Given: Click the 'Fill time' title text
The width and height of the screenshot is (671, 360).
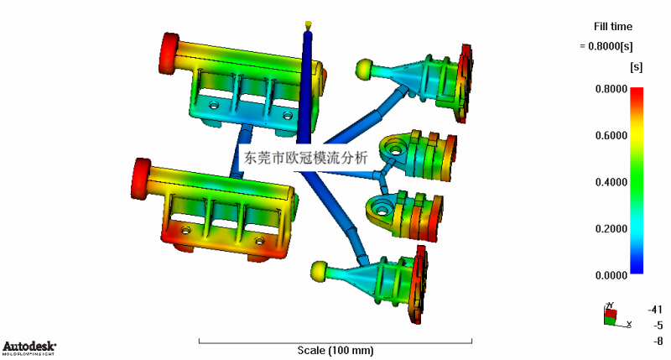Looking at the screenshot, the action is coord(613,27).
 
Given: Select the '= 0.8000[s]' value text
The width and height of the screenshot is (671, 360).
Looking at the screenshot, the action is coord(606,46).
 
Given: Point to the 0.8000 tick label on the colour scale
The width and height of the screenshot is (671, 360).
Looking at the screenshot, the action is coord(611,89).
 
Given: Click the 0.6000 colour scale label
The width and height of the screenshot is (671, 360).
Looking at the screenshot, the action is coord(611,136).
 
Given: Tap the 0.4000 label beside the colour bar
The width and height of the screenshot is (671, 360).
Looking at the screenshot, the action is coord(611,182).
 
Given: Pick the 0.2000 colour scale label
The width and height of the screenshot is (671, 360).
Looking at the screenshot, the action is coord(611,229).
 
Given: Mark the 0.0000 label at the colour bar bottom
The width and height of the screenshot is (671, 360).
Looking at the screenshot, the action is coord(611,275).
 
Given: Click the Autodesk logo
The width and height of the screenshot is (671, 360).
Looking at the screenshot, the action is coord(29,348).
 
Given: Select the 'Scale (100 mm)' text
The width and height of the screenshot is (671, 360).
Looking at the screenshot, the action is coord(335,351).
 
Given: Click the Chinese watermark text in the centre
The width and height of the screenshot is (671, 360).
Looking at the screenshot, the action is coord(305,158).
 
